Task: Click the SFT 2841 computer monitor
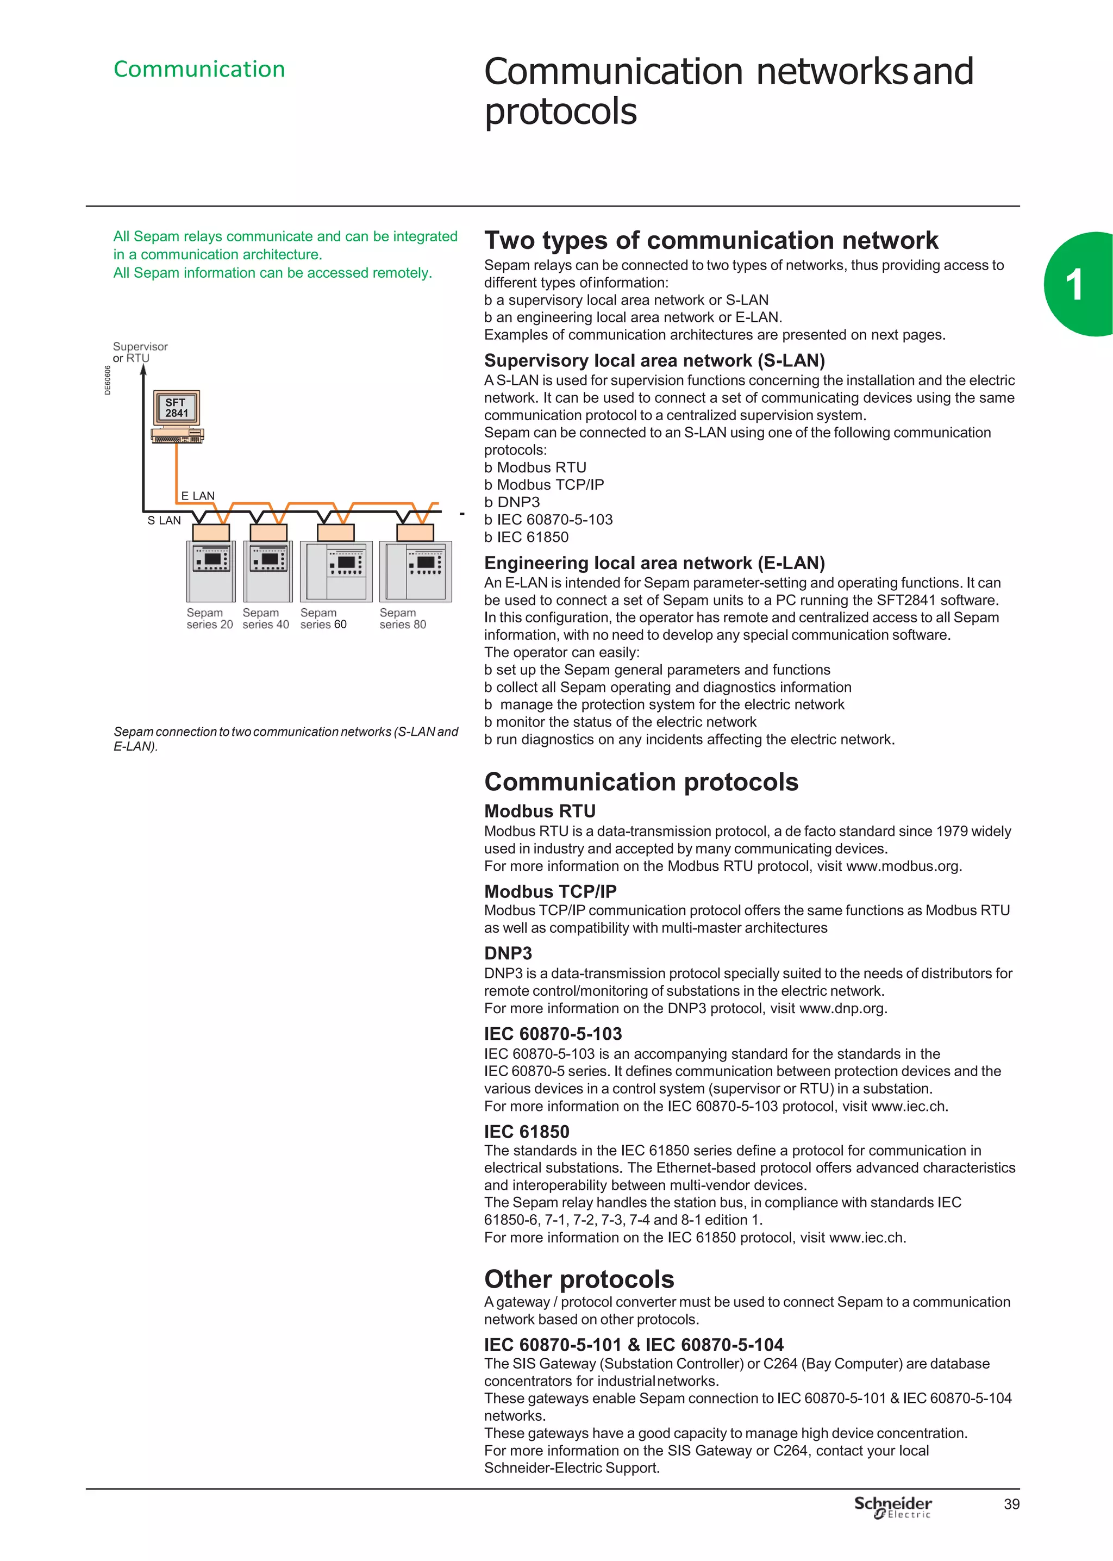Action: pos(176,408)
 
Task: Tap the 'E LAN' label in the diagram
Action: pos(197,496)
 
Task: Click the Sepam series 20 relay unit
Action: pos(210,571)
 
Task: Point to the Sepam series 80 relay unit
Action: pos(415,571)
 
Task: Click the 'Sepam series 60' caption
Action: pos(323,618)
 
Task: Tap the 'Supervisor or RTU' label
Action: pos(140,352)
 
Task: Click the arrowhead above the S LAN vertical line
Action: pos(143,371)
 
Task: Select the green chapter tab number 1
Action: pos(1074,285)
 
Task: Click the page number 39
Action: pos(1011,1503)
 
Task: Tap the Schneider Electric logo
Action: pos(892,1506)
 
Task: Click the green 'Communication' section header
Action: pos(199,69)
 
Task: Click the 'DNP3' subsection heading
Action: pos(508,953)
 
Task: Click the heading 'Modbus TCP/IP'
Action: pos(549,891)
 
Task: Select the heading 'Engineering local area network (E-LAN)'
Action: pos(654,563)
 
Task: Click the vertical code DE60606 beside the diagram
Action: pos(108,380)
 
